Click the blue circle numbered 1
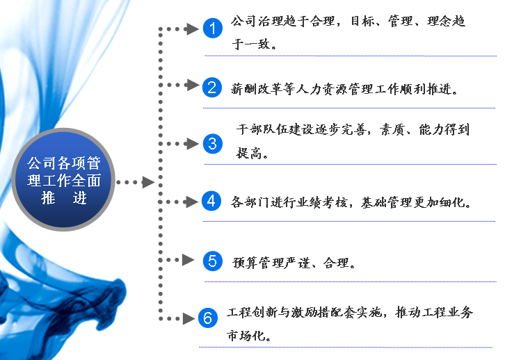(x=213, y=28)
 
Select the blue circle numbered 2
(x=212, y=87)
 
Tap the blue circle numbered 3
(x=213, y=143)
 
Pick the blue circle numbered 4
(x=211, y=201)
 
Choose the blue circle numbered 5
(x=213, y=261)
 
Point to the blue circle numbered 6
(x=208, y=318)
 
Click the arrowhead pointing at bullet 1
(x=192, y=29)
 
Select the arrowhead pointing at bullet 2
(x=193, y=85)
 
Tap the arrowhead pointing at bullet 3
(x=193, y=143)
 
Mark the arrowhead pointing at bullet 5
(x=188, y=260)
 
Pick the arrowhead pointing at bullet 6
(x=189, y=318)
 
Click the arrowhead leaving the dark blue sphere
(x=148, y=182)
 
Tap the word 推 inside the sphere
(x=48, y=198)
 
